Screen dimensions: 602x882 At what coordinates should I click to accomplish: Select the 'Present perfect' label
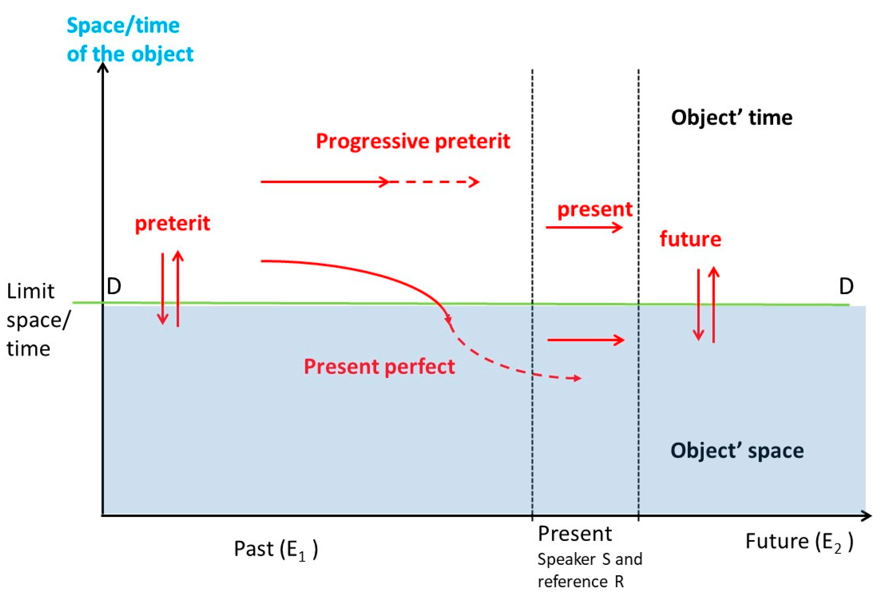tap(379, 367)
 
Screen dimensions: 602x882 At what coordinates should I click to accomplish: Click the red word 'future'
tap(690, 239)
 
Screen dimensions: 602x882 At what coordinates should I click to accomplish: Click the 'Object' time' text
tap(731, 118)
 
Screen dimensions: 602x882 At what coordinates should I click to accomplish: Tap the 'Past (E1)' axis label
tap(276, 549)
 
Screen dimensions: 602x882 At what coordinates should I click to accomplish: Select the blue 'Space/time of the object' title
tap(130, 40)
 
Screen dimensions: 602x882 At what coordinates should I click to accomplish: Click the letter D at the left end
tap(114, 287)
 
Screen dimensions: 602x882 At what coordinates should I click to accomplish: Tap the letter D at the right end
tap(846, 287)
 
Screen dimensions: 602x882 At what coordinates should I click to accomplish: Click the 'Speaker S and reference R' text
tap(589, 570)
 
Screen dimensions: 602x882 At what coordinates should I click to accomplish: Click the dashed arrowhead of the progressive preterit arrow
tap(474, 182)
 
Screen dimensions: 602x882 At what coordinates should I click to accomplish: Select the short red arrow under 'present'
tap(584, 227)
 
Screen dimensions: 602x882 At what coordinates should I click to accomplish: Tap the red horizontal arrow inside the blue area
tap(586, 340)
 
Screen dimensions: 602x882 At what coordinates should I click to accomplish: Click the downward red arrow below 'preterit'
tap(163, 289)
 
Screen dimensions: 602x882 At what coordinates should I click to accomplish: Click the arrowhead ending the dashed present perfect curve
tap(577, 378)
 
